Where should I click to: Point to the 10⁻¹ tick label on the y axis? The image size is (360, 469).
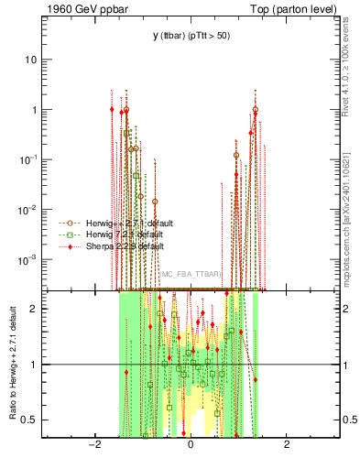28,159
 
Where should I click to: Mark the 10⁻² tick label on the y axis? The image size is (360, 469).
28,210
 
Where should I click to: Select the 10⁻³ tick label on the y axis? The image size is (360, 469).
28,259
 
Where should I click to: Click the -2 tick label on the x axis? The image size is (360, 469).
93,445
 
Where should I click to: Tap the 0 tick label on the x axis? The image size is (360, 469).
191,445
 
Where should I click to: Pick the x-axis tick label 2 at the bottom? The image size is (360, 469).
287,445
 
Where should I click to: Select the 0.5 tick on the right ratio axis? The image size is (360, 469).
348,420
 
